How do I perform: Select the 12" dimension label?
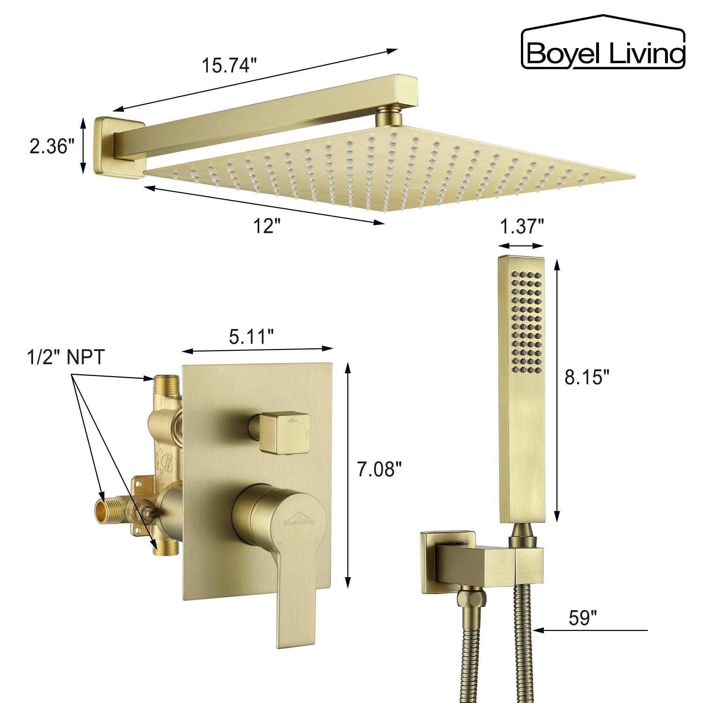coord(267,227)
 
